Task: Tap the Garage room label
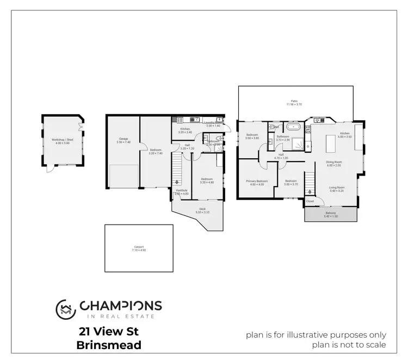point(123,139)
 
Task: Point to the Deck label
point(202,209)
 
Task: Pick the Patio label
point(294,101)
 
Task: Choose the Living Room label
point(337,188)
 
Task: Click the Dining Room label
point(334,162)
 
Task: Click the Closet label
point(310,201)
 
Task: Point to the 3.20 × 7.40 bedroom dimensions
point(156,154)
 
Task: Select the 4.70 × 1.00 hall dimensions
point(281,158)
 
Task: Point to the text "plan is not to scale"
point(349,344)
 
